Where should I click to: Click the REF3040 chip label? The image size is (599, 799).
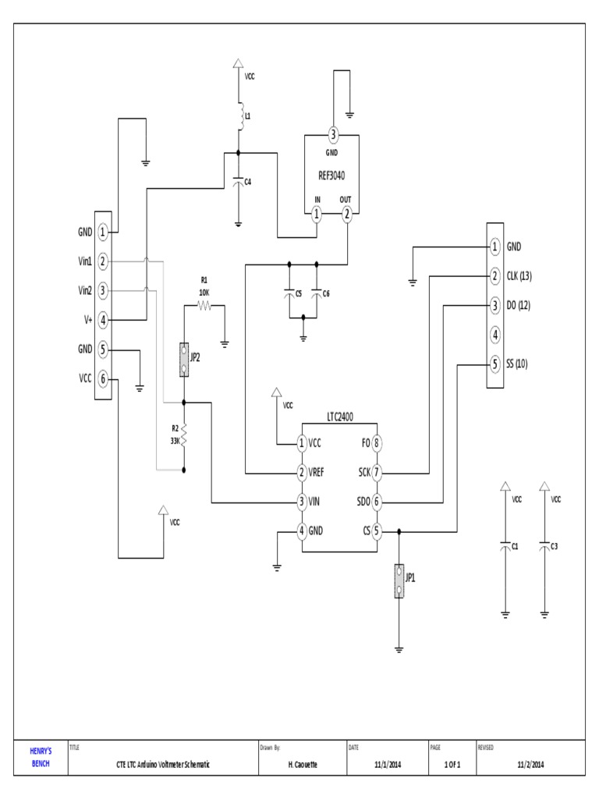click(332, 176)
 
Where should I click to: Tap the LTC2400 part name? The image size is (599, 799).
click(340, 417)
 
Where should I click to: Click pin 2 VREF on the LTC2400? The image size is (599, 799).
click(302, 472)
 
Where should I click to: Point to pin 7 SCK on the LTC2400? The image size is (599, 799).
click(377, 472)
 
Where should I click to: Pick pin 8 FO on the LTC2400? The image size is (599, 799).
click(377, 443)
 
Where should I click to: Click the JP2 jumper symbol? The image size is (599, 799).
click(184, 360)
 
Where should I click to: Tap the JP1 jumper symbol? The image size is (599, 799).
click(399, 581)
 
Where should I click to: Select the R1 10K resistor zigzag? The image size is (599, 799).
click(204, 307)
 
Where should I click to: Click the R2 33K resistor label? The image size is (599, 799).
click(175, 434)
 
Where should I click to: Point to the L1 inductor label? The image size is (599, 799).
click(248, 115)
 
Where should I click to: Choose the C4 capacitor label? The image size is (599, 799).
click(248, 182)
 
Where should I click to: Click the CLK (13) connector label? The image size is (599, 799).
click(519, 276)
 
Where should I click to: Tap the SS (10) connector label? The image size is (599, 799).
click(517, 364)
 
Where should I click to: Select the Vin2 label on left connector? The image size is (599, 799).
click(85, 290)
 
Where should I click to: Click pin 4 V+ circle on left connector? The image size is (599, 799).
click(103, 319)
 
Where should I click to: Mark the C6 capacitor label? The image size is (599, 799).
click(326, 293)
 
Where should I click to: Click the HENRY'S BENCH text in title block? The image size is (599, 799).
click(41, 758)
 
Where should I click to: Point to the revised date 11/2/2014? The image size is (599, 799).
click(530, 765)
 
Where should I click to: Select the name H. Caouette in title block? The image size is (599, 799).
click(302, 765)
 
